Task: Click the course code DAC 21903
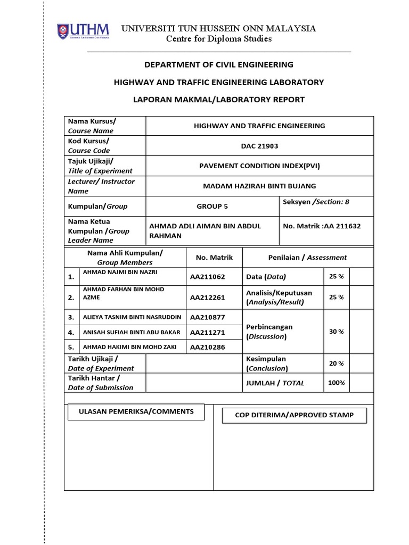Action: tap(259, 146)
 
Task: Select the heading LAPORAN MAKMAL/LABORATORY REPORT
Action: tap(218, 100)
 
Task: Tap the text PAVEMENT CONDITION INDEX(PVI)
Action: tap(259, 166)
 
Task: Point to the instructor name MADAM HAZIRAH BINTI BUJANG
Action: tap(259, 186)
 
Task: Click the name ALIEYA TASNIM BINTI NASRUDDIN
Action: tap(132, 317)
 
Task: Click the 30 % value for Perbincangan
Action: tap(336, 332)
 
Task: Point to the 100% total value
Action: tap(336, 383)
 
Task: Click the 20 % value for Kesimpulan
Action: tap(336, 364)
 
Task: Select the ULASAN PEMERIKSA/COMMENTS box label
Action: tap(136, 411)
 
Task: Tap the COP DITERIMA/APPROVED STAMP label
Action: tap(294, 415)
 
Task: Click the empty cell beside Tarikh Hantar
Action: tap(193, 383)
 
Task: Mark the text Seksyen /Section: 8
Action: tap(316, 202)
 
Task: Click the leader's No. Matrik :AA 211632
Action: tap(322, 226)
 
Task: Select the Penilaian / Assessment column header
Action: tap(307, 257)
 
